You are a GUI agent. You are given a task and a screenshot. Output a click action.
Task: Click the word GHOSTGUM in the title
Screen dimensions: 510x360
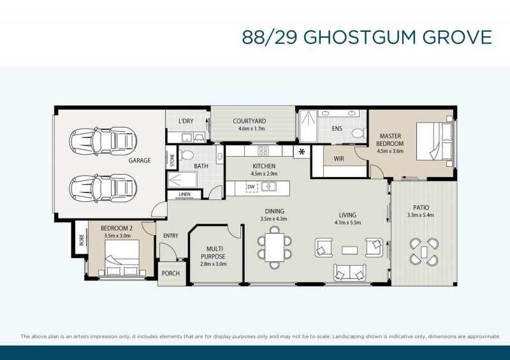pyautogui.click(x=360, y=37)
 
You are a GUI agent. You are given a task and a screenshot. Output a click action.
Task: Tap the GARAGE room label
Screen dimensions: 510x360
pyautogui.click(x=140, y=161)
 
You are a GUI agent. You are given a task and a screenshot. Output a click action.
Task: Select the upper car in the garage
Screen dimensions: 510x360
pyautogui.click(x=103, y=141)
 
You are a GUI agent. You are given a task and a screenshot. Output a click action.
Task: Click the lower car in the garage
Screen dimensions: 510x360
pyautogui.click(x=103, y=189)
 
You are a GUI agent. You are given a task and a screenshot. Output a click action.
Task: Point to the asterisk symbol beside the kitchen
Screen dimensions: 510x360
pyautogui.click(x=302, y=152)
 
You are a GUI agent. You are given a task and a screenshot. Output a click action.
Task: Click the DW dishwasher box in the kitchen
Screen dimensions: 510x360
pyautogui.click(x=251, y=187)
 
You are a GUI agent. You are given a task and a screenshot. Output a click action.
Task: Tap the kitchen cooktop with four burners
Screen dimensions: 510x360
pyautogui.click(x=263, y=150)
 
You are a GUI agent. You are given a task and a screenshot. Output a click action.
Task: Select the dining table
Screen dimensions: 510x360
pyautogui.click(x=275, y=247)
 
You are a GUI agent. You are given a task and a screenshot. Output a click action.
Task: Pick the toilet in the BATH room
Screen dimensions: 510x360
pyautogui.click(x=186, y=155)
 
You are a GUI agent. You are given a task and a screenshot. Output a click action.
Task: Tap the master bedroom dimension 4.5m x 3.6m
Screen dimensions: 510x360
pyautogui.click(x=390, y=151)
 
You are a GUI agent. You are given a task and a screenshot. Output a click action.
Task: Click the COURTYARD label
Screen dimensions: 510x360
pyautogui.click(x=249, y=121)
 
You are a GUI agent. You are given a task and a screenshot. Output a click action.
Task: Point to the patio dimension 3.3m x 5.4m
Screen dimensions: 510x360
pyautogui.click(x=421, y=215)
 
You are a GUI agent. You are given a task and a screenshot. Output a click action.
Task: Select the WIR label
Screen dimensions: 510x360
pyautogui.click(x=339, y=159)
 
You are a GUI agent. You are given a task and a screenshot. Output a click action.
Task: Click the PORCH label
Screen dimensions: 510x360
pyautogui.click(x=170, y=273)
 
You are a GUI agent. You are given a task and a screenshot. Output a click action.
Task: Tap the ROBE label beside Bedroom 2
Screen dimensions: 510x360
pyautogui.click(x=82, y=240)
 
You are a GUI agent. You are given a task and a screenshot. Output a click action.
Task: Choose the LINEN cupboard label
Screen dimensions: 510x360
pyautogui.click(x=184, y=194)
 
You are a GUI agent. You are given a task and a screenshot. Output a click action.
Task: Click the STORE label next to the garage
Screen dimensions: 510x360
pyautogui.click(x=172, y=160)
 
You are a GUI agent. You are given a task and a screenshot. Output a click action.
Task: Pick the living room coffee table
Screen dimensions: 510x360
pyautogui.click(x=349, y=250)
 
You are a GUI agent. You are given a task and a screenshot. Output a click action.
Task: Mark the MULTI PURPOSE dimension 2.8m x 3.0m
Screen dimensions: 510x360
pyautogui.click(x=214, y=264)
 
